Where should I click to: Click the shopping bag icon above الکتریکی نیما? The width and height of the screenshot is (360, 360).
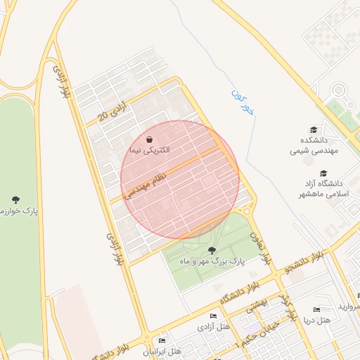coord(149,139)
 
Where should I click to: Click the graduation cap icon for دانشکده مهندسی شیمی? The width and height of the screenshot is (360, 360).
coord(314,129)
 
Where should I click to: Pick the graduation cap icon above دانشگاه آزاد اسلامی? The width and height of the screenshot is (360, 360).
coord(323,173)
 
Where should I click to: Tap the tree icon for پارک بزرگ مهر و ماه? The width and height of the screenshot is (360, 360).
coord(212,250)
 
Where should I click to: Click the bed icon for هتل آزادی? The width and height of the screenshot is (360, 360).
coord(214,316)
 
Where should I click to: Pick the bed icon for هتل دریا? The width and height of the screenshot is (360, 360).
coord(316,309)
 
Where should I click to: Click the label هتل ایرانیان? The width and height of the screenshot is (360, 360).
coord(163,350)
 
